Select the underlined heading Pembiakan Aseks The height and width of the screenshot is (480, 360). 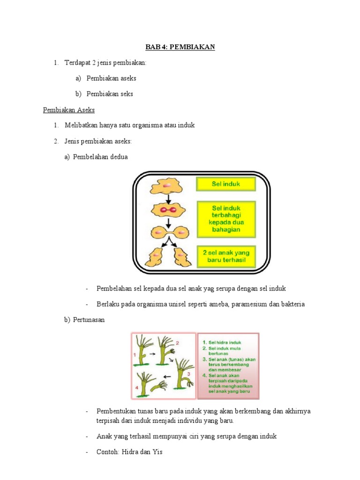click(x=69, y=110)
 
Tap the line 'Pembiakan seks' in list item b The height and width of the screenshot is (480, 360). click(x=110, y=94)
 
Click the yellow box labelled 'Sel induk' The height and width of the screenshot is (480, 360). click(x=226, y=184)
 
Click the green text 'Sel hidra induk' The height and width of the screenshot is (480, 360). click(x=225, y=343)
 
